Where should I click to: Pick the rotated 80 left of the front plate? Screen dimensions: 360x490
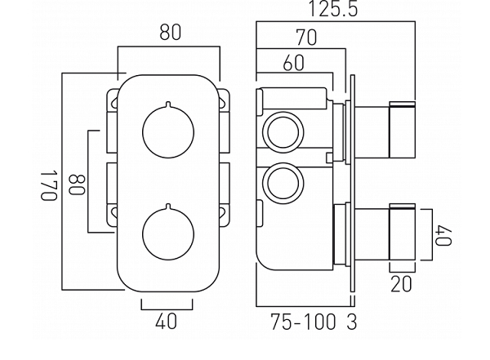coord(74,184)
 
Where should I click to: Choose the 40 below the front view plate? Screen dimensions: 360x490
coord(166,322)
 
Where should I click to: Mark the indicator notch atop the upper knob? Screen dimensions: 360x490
coord(167,105)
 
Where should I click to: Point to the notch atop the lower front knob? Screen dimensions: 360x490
coord(167,206)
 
